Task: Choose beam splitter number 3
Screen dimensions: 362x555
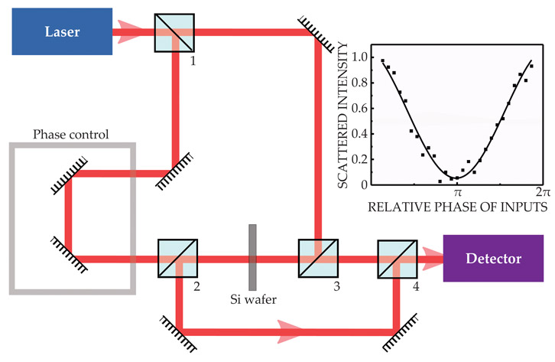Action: (317, 259)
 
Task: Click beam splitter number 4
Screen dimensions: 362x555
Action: (397, 259)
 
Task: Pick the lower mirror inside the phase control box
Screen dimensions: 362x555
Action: (68, 253)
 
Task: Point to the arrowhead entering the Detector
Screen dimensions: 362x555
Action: (433, 259)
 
